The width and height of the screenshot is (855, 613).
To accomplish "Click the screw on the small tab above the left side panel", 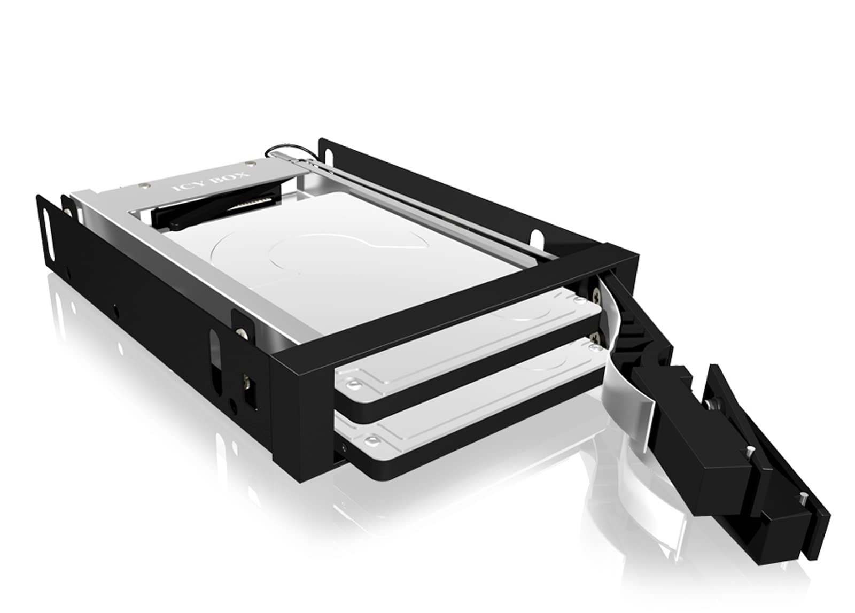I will coord(243,332).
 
